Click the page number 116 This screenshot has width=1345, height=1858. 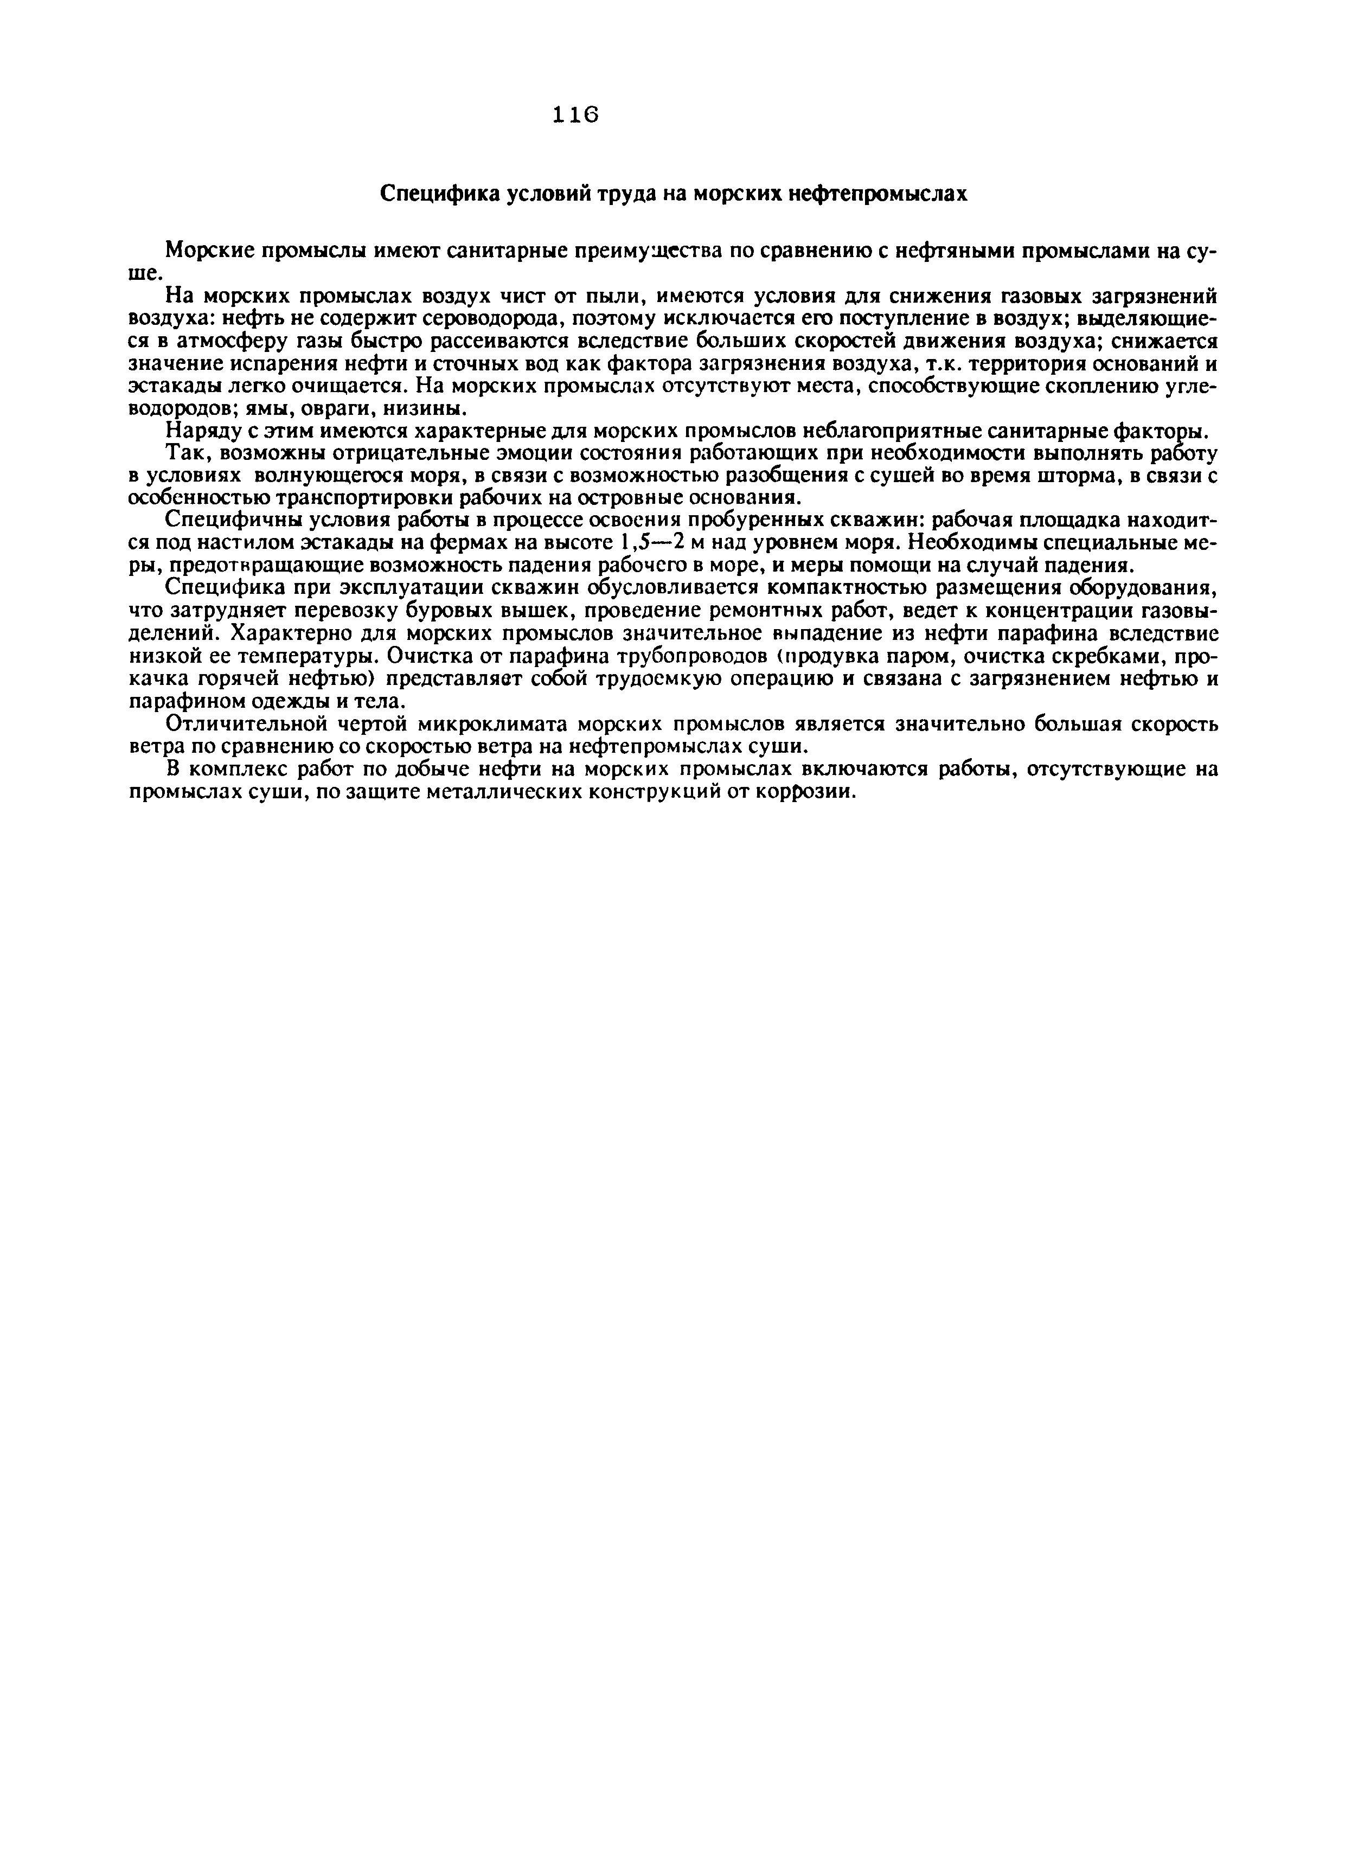[x=576, y=116]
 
